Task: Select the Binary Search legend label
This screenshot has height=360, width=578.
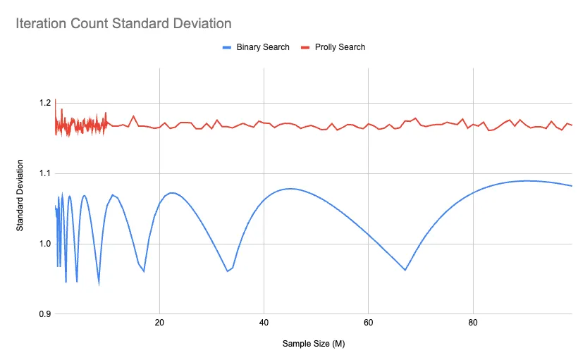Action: pos(263,47)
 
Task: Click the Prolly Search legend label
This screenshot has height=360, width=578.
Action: pos(341,47)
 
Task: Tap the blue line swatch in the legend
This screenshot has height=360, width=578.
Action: pos(227,47)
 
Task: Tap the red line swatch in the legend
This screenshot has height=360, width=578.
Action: pos(306,47)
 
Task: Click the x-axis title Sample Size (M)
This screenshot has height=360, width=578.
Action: pos(314,345)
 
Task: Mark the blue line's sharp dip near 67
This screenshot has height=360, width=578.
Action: pos(405,270)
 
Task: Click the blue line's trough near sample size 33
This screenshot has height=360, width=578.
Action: pos(227,271)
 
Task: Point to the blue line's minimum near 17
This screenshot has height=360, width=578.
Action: pos(144,271)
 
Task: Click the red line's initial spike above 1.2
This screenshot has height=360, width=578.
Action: pos(55,99)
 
